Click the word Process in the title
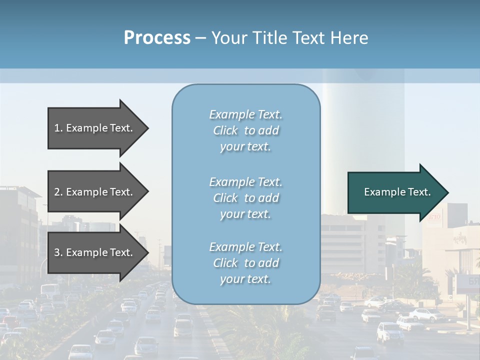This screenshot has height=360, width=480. pos(157,38)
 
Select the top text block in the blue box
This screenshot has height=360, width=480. pos(245,130)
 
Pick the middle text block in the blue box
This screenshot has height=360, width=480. pos(245,198)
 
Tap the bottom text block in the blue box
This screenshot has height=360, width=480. pos(245,263)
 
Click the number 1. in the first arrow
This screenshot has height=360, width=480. pos(58,128)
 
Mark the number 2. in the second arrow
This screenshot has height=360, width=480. pos(58,192)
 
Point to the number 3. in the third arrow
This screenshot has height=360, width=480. pos(58,252)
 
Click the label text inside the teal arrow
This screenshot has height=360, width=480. pos(397,192)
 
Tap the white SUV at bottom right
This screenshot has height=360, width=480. pos(390,332)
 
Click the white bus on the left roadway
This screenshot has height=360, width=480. pos(49,290)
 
